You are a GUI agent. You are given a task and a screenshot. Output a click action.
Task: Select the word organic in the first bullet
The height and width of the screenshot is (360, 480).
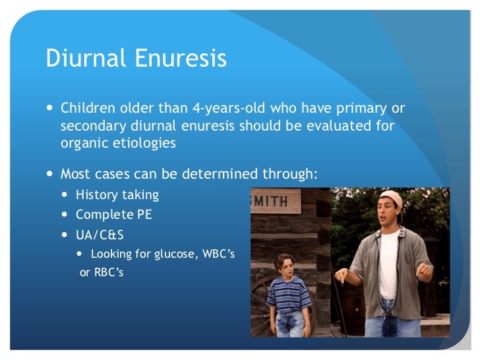(82, 142)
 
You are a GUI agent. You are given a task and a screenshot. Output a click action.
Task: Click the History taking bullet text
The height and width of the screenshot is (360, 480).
(117, 195)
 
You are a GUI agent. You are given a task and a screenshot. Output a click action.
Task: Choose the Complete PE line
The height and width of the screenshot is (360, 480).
(114, 215)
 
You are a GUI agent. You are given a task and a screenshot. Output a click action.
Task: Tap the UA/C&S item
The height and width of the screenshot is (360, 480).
(100, 234)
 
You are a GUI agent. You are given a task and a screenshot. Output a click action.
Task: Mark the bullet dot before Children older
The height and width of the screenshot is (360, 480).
(51, 108)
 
